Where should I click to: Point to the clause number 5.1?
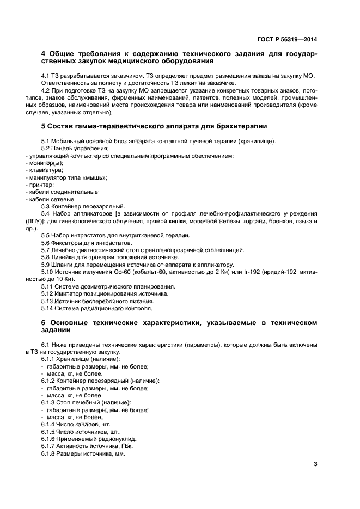[46, 142]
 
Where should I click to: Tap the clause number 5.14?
[47, 306]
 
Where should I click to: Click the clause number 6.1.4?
[50, 424]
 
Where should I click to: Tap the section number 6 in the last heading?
[44, 323]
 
